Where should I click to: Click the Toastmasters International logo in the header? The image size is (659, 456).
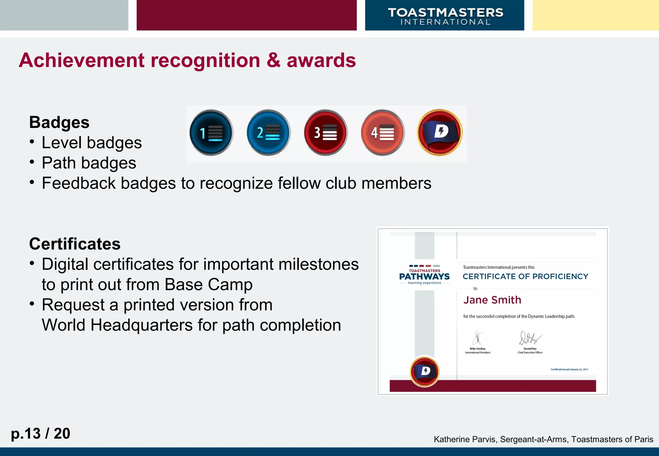[x=445, y=16]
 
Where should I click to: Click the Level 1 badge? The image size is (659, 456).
[x=211, y=132]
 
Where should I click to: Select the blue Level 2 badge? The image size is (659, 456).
[x=268, y=132]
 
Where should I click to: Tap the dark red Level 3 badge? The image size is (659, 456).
[x=326, y=132]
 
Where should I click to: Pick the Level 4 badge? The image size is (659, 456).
[x=383, y=132]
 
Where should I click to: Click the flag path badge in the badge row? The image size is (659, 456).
[x=440, y=132]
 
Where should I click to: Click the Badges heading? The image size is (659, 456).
[x=59, y=123]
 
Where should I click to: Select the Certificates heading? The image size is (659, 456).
[x=75, y=244]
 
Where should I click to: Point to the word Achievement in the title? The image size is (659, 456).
[x=82, y=60]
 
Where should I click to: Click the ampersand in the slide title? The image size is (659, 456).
[x=274, y=60]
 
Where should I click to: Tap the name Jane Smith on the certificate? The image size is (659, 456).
[x=492, y=300]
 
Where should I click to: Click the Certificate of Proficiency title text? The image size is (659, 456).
[x=525, y=277]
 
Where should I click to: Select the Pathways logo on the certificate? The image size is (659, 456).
[x=424, y=276]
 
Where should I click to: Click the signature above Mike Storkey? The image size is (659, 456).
[x=478, y=338]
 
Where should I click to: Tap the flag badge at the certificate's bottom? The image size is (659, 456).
[x=425, y=371]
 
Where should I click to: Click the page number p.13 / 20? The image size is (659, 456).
[x=41, y=433]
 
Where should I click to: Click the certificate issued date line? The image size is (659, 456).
[x=569, y=369]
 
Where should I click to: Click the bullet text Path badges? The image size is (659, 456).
[x=89, y=163]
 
